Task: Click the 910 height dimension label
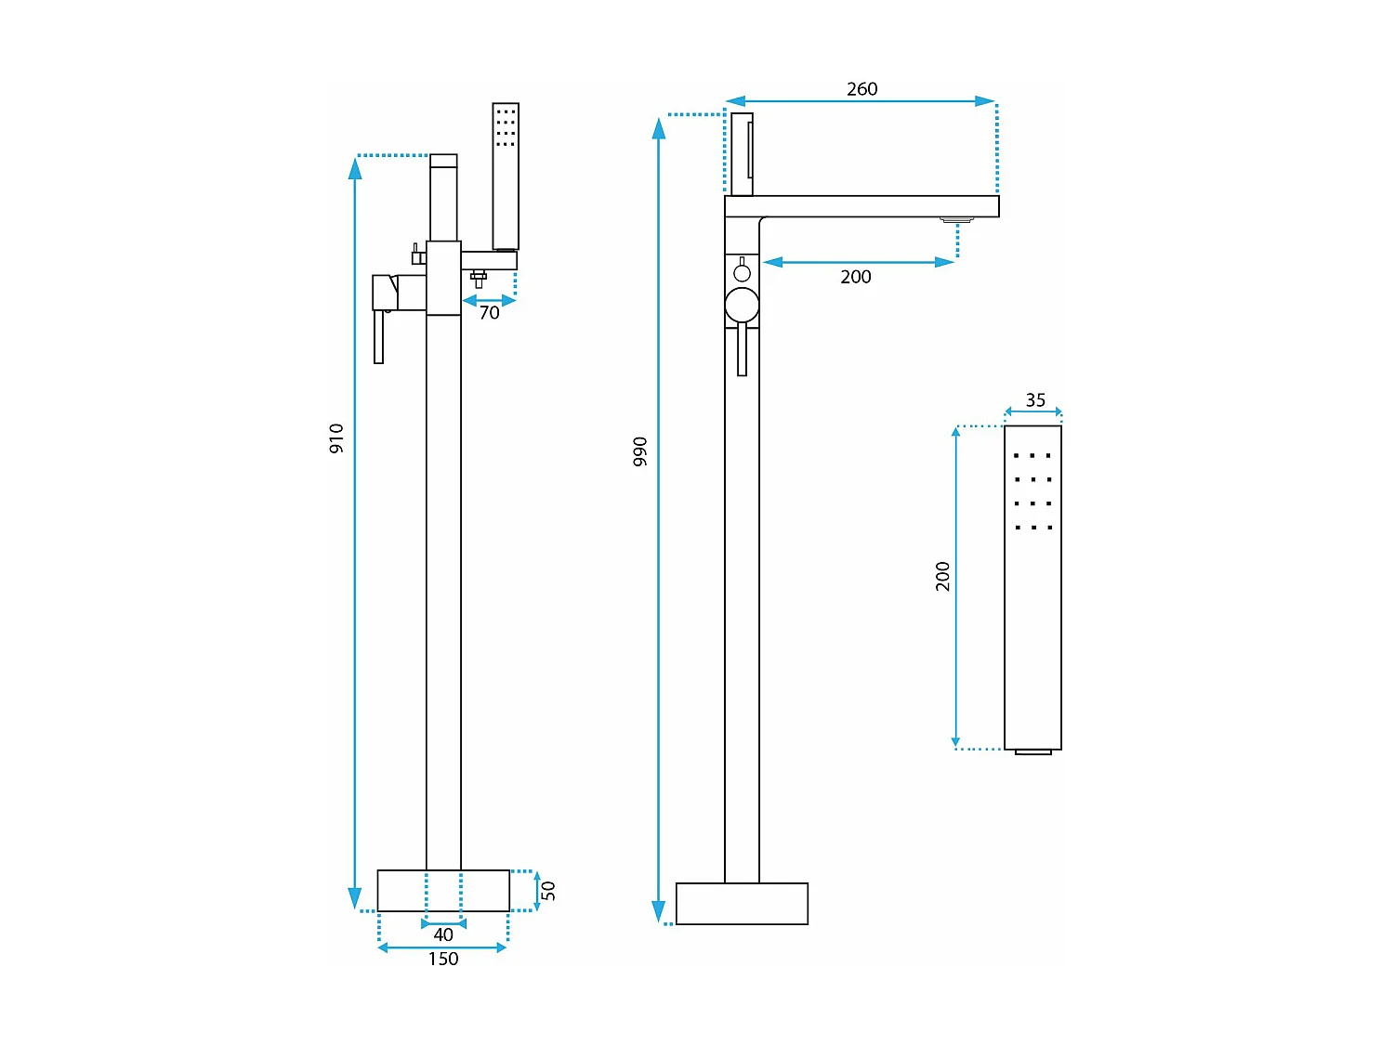(x=336, y=438)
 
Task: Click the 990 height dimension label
(x=640, y=451)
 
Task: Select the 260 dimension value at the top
(x=861, y=89)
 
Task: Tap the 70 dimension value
(x=489, y=312)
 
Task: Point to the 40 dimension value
(x=443, y=934)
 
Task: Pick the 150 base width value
(x=443, y=958)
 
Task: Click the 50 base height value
(x=548, y=890)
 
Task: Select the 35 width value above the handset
(x=1035, y=399)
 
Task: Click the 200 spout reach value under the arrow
(x=856, y=277)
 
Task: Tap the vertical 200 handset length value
(x=942, y=576)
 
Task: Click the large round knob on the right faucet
(x=742, y=306)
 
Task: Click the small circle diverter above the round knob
(x=742, y=273)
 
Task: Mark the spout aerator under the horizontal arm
(x=957, y=220)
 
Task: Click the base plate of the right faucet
(x=742, y=904)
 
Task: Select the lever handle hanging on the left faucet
(x=378, y=336)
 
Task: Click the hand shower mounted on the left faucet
(x=506, y=176)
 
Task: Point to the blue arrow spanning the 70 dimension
(x=489, y=300)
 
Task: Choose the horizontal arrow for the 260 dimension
(x=861, y=101)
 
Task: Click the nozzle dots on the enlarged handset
(x=1032, y=491)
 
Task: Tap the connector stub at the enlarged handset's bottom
(x=1033, y=751)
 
